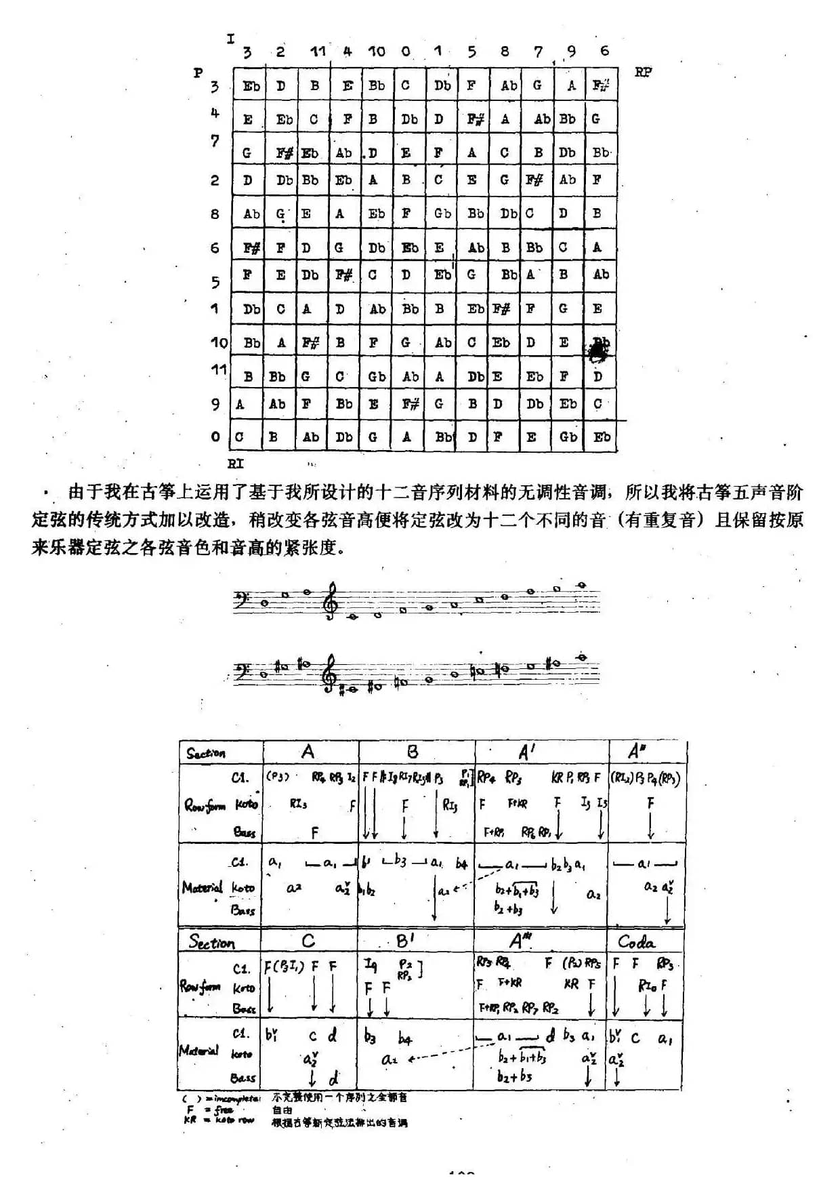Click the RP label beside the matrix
tap(643, 72)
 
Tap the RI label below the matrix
tap(235, 464)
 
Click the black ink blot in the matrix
tap(599, 349)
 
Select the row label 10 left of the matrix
tap(219, 342)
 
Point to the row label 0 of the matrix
tap(215, 437)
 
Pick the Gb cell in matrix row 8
tap(442, 214)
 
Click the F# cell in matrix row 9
tap(411, 404)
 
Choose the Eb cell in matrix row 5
tap(442, 275)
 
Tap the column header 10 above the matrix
tap(376, 51)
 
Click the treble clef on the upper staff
tap(331, 601)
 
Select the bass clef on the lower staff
tap(240, 671)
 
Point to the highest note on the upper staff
tap(581, 586)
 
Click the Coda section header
tap(636, 941)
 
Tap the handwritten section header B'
tap(405, 941)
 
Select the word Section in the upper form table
tap(206, 753)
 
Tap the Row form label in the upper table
tap(203, 805)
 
